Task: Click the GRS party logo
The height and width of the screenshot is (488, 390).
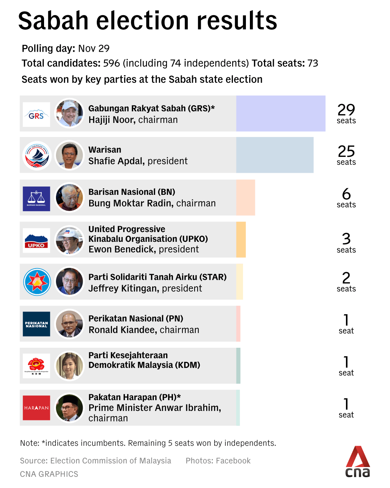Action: pyautogui.click(x=36, y=114)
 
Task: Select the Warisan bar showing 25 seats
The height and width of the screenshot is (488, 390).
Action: pyautogui.click(x=274, y=155)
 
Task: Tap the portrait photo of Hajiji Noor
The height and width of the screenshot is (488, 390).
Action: pyautogui.click(x=69, y=114)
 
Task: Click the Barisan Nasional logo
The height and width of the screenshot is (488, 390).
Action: pyautogui.click(x=36, y=198)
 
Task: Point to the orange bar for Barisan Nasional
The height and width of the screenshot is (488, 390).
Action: pyautogui.click(x=246, y=197)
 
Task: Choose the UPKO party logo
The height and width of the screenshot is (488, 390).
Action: pyautogui.click(x=36, y=240)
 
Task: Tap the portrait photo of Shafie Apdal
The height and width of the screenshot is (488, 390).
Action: pyautogui.click(x=69, y=155)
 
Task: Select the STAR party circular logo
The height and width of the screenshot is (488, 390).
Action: pyautogui.click(x=37, y=282)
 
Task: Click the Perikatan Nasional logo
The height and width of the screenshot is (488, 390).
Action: pyautogui.click(x=36, y=324)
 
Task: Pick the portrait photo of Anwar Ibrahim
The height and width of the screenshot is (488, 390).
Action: pyautogui.click(x=69, y=408)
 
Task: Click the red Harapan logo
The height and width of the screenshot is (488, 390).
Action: pyautogui.click(x=36, y=408)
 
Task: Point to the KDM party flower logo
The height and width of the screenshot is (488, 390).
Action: pyautogui.click(x=36, y=365)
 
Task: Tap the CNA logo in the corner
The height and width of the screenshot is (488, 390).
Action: pyautogui.click(x=357, y=462)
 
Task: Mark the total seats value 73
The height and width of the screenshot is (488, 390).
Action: pyautogui.click(x=313, y=63)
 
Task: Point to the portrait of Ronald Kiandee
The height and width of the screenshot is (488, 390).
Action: pyautogui.click(x=69, y=324)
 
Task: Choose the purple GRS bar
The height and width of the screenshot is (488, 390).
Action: pyautogui.click(x=281, y=114)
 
